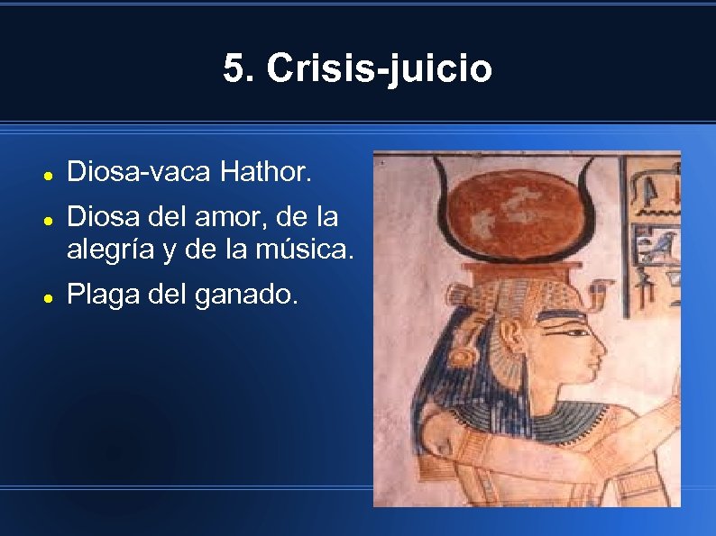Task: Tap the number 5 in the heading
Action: coord(237,68)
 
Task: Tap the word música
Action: coord(308,250)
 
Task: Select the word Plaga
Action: coord(101,295)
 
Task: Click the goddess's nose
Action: coord(600,347)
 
